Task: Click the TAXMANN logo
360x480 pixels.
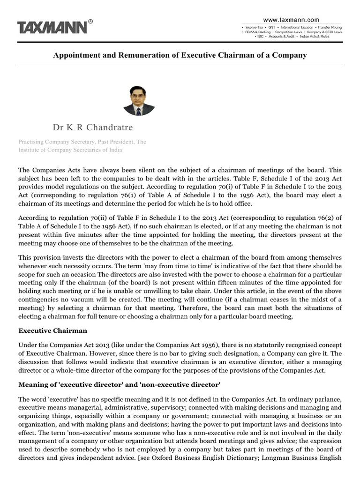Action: point(52,27)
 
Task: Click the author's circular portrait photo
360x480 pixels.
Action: point(139,100)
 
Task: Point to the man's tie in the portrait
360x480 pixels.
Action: point(139,111)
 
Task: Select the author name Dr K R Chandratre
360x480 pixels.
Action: point(92,128)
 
